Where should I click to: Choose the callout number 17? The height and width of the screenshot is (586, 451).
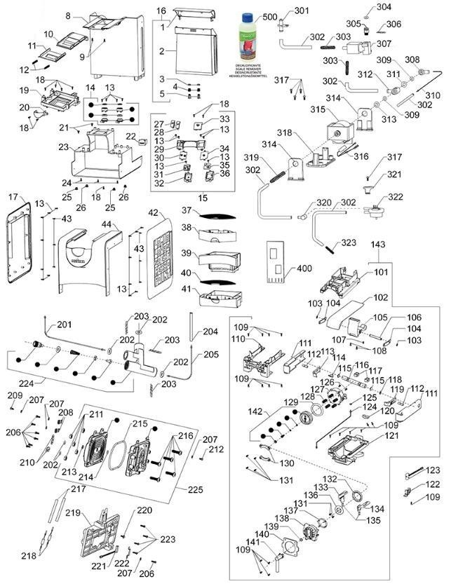tap(13, 198)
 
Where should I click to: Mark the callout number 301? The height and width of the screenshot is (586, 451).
tap(301, 11)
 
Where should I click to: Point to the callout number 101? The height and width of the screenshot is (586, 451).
tap(380, 271)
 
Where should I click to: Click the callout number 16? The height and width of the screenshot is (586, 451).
tap(161, 11)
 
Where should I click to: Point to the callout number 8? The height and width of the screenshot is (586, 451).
tap(68, 15)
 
